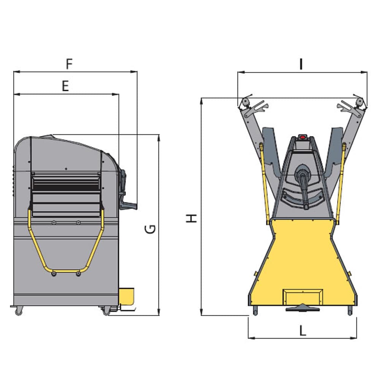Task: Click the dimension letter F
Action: click(69, 64)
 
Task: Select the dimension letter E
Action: click(65, 86)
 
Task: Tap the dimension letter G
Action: click(150, 229)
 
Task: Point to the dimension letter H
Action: click(192, 218)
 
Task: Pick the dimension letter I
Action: click(301, 64)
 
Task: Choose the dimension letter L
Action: click(303, 331)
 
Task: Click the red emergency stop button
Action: click(302, 137)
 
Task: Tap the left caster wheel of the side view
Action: click(19, 311)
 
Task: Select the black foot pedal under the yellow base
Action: click(303, 308)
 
